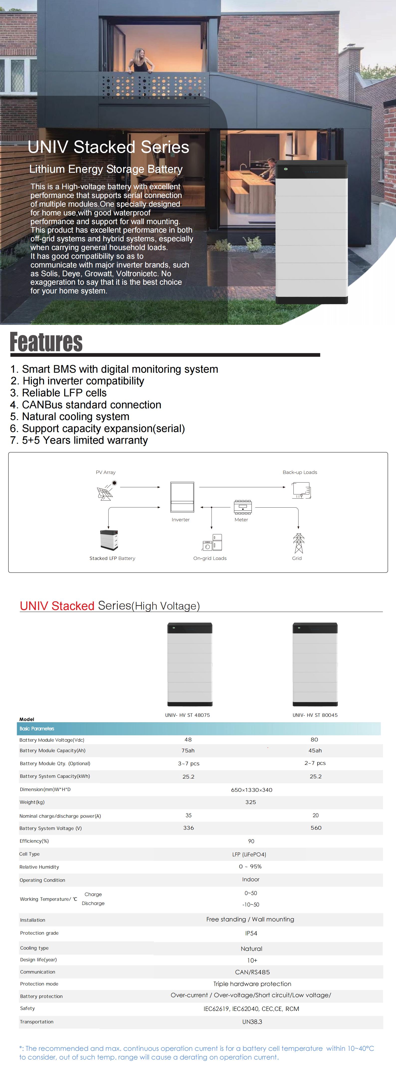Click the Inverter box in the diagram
coord(182,497)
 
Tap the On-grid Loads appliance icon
coord(212,542)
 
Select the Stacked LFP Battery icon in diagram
coord(109,540)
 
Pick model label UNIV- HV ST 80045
coord(315,715)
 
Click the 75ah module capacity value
coord(188,750)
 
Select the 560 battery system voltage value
coord(316,828)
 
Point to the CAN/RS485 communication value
coord(252,972)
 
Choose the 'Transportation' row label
coord(37,1022)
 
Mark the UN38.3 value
coord(252,1022)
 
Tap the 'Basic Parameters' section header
coord(37,728)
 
